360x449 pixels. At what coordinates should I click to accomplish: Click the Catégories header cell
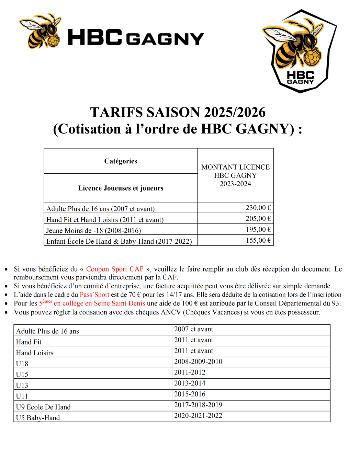(x=121, y=161)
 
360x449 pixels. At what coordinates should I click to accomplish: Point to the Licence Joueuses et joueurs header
(x=121, y=188)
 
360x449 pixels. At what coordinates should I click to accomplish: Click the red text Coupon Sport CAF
(x=115, y=269)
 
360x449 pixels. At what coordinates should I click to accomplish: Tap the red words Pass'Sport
(x=94, y=295)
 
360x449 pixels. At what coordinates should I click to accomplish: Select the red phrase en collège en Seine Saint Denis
(x=99, y=303)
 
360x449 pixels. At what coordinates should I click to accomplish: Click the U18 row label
(x=22, y=364)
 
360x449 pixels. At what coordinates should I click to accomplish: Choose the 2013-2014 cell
(x=190, y=383)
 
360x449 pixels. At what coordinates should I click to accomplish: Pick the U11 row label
(x=22, y=396)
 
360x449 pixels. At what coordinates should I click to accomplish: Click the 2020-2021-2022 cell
(x=198, y=416)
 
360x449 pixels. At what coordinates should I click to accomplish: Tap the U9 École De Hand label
(x=43, y=407)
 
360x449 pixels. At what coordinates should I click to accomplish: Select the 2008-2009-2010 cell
(x=198, y=361)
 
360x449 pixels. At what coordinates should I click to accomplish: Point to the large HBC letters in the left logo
(x=95, y=37)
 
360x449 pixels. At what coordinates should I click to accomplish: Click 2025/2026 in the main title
(x=235, y=113)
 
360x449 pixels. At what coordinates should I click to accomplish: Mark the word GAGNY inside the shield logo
(x=301, y=82)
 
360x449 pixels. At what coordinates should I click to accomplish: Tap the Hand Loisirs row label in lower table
(x=35, y=353)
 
